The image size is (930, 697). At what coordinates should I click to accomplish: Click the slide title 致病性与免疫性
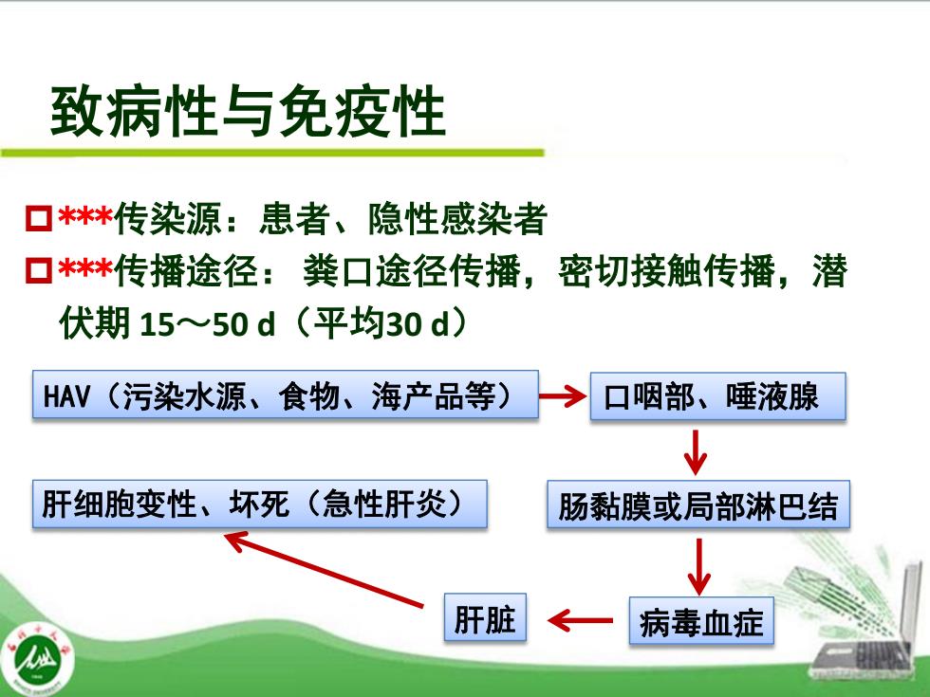248,112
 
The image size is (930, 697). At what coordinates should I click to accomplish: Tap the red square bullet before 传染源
39,219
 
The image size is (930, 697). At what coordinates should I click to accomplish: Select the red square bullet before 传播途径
39,270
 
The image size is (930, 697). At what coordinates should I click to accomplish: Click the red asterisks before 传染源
84,216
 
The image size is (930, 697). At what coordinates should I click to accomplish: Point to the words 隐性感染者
457,219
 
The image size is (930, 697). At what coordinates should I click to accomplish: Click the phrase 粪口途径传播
412,271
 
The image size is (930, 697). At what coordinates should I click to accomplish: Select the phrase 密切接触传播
666,271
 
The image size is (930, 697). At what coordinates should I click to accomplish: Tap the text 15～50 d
208,324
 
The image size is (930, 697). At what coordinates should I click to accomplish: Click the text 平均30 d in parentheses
381,323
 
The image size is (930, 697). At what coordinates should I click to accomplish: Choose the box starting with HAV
286,394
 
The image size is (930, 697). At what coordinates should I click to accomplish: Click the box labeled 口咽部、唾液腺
717,396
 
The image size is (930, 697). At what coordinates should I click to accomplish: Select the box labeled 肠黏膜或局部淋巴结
698,504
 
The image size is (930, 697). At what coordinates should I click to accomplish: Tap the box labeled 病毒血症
701,621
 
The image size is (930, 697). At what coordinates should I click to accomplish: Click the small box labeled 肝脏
485,617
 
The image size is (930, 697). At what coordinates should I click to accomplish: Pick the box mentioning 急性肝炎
260,504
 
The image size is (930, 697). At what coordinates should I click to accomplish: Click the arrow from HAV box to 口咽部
563,395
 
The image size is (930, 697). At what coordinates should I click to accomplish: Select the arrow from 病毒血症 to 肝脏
580,620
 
